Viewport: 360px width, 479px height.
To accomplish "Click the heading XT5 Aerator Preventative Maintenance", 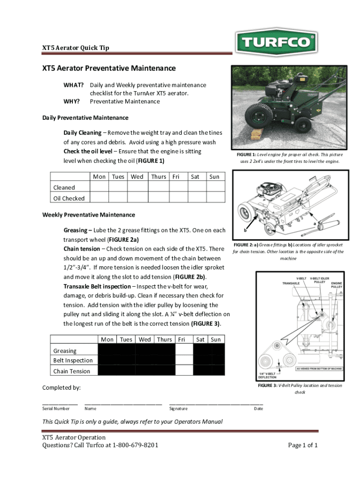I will tap(109, 68).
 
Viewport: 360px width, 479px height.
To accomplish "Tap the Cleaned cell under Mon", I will tap(99, 187).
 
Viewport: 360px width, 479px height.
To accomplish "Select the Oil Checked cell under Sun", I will tap(216, 198).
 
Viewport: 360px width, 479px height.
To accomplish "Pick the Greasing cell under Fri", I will tap(184, 350).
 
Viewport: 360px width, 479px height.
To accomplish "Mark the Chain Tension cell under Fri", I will tap(184, 370).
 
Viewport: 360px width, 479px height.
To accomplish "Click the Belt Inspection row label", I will tap(72, 361).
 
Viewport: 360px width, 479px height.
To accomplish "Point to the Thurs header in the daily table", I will tap(158, 177).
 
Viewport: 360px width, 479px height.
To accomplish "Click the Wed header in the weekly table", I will tap(144, 340).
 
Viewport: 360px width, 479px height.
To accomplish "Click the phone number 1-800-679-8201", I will tap(135, 445).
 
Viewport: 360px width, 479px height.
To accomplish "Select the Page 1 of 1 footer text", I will tap(303, 445).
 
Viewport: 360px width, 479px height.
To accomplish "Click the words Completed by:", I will tap(61, 387).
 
